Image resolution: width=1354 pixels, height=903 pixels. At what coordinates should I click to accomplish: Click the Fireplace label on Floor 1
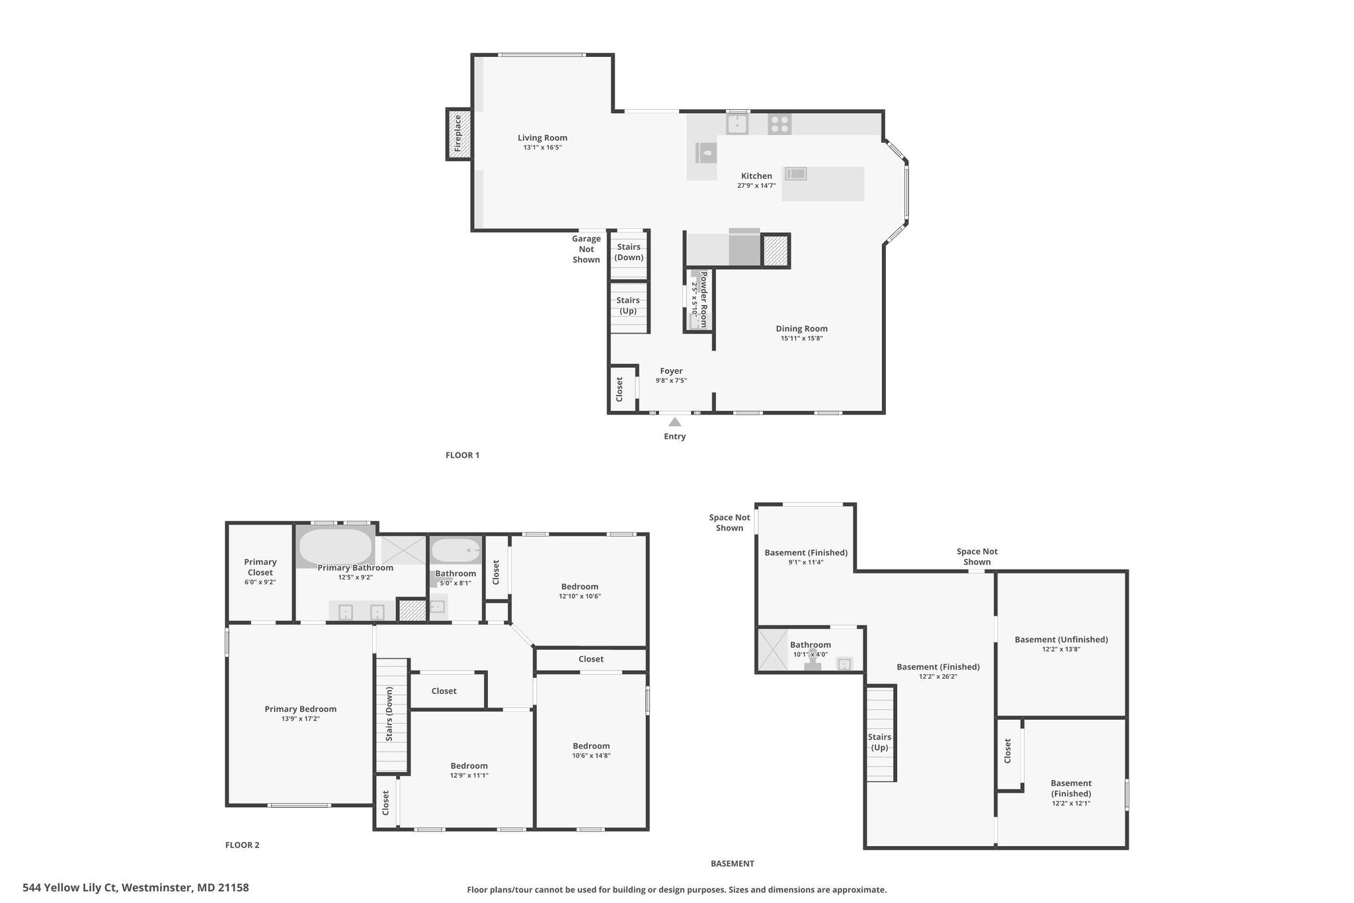pos(458,134)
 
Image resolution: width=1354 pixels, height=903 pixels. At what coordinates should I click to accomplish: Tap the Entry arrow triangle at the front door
pos(675,421)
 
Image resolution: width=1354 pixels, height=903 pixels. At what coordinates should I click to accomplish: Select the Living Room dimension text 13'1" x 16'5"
pos(542,148)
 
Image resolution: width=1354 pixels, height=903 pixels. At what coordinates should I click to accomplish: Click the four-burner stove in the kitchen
pos(779,124)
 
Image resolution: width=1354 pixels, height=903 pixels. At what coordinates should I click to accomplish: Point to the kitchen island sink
pos(796,174)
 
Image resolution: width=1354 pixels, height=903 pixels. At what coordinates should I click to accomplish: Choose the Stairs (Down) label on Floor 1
pos(629,252)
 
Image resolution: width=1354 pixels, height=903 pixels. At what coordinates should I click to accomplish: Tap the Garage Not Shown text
pos(586,249)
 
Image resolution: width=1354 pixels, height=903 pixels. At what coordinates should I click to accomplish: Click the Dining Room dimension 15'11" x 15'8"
pos(801,338)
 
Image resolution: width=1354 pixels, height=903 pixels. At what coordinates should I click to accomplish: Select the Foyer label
pos(671,371)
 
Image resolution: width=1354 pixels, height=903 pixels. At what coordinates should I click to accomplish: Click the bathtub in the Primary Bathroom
pos(336,547)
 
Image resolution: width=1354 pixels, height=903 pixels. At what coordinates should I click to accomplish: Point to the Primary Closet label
pos(260,567)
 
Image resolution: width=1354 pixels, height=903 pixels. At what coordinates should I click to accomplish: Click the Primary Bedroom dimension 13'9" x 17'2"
pos(300,718)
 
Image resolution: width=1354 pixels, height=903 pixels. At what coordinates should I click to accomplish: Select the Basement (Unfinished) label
pos(1061,639)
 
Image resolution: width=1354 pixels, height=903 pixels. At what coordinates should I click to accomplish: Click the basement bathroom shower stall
pos(771,650)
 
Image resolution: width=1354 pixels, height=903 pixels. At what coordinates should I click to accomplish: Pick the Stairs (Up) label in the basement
pos(879,742)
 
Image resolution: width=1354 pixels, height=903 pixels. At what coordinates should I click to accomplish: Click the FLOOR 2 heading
pos(242,845)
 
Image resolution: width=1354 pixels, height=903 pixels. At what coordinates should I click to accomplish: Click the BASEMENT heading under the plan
pos(732,863)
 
